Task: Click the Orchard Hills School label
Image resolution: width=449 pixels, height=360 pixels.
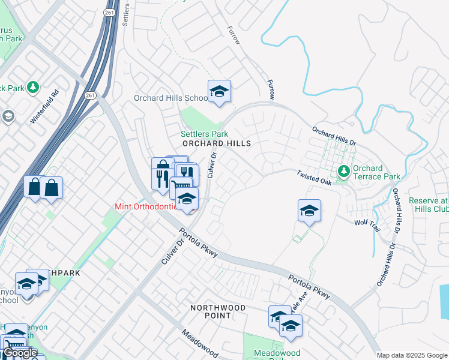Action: [170, 98]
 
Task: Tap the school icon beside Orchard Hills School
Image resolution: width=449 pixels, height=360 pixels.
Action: [219, 92]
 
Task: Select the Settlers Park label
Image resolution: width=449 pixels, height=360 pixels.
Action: [205, 134]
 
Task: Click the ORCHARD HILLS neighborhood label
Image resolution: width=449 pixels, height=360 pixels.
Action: [216, 144]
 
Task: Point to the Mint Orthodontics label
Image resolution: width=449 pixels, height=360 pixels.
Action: [146, 207]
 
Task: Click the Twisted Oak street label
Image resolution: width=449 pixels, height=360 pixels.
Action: [313, 177]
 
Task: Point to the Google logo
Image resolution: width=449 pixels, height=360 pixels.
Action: [20, 353]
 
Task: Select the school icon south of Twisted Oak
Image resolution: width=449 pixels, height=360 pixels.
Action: [309, 211]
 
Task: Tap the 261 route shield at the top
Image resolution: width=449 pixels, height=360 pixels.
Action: [109, 13]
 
